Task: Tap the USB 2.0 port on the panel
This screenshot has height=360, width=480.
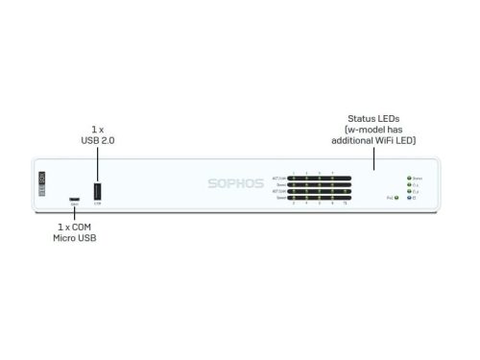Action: (97, 191)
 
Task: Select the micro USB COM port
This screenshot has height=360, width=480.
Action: (74, 202)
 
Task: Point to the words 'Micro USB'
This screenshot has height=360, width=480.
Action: (74, 236)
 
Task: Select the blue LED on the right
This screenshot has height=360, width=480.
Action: (409, 199)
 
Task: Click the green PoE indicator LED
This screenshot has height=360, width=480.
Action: (396, 198)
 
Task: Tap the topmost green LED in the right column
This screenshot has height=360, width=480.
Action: (409, 179)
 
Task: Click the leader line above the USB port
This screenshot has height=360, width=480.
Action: (97, 160)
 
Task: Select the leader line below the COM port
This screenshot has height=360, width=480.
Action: (74, 215)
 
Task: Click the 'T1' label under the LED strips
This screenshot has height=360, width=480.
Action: (346, 204)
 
